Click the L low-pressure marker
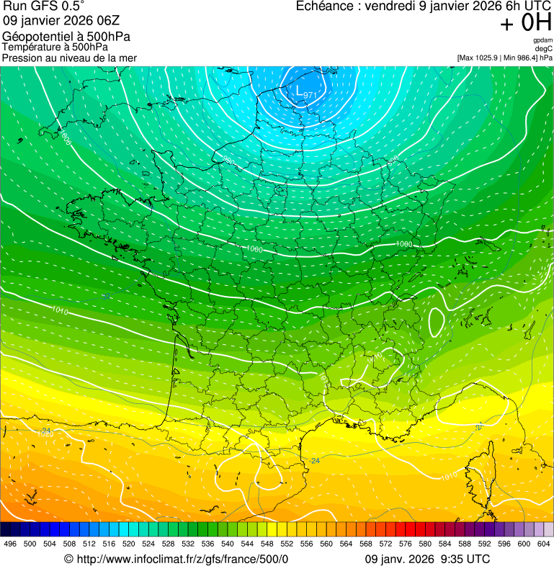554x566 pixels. (300, 90)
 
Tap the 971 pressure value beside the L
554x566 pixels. (310, 95)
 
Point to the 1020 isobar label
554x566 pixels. (45, 434)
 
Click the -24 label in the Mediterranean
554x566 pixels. (314, 460)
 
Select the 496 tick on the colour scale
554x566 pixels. (10, 544)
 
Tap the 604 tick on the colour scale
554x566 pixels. (544, 544)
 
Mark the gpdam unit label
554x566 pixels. (543, 40)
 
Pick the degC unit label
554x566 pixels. (544, 48)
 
